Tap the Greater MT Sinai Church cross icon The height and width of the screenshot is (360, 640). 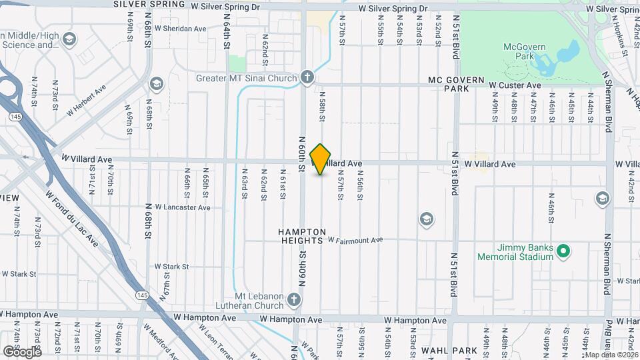(306, 78)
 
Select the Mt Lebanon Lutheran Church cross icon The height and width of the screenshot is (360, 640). (293, 300)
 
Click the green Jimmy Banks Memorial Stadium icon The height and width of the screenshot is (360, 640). (563, 251)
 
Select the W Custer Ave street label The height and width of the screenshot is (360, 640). (515, 85)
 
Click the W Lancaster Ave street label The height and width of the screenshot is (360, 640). (183, 207)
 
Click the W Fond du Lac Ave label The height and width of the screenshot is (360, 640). (72, 218)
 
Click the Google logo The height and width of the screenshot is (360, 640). (21, 351)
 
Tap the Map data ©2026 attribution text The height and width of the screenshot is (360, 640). (609, 354)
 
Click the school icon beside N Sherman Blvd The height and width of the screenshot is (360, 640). (603, 199)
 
